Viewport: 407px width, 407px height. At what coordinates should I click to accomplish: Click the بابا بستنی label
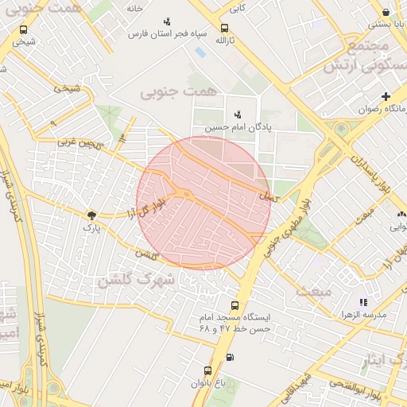[385, 25]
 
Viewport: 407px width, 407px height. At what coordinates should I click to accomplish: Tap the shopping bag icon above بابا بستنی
[386, 12]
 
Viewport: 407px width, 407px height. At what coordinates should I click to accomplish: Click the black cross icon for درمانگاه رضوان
[386, 96]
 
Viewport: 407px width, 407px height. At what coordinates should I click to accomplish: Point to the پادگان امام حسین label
[235, 126]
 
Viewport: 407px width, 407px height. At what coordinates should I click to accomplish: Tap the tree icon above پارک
[93, 215]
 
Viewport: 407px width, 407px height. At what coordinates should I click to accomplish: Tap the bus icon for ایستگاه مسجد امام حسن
[234, 305]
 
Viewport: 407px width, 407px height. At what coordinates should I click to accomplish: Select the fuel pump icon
[231, 357]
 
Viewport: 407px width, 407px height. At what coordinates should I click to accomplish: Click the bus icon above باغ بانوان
[208, 370]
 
